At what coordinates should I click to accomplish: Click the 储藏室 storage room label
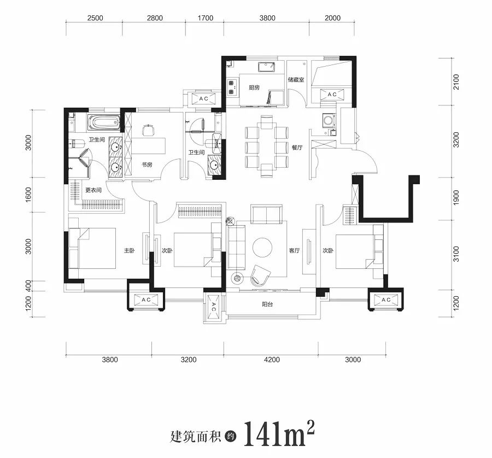coord(296,80)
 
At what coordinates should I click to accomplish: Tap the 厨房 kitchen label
coord(254,87)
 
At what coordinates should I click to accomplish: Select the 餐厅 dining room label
coord(297,147)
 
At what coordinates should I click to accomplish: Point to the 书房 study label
coord(147,165)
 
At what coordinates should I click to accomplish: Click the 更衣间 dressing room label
coord(93,190)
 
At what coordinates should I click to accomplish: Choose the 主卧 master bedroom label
coord(129,251)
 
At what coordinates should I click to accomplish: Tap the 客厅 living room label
coord(294,251)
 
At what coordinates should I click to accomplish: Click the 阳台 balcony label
coord(267,304)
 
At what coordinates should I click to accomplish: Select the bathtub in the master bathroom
coord(103,122)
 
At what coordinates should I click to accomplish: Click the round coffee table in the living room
coord(262,248)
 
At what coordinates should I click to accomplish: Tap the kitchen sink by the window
coord(266,67)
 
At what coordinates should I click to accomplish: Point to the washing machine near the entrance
coord(329,121)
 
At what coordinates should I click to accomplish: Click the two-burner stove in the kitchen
coord(232,87)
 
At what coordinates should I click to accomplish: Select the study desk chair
coord(148,130)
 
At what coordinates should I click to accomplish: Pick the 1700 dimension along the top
coord(205,18)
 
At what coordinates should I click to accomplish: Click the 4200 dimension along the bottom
coord(272,360)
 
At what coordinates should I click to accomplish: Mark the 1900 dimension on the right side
coord(456,198)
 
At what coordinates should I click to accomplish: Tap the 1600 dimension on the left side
coord(28,195)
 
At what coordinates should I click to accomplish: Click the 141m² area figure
coord(279,433)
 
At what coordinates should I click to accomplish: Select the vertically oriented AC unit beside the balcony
coord(214,307)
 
